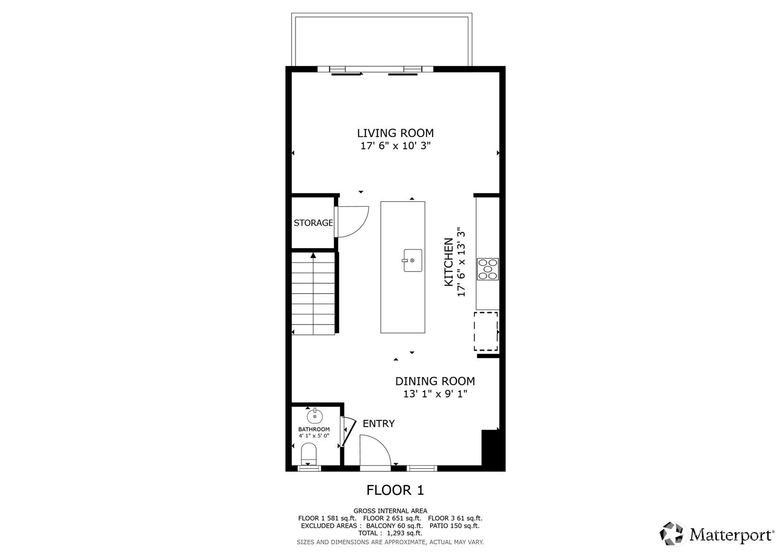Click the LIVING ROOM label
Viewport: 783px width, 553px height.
coord(395,133)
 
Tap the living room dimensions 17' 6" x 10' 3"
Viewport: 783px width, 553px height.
coord(396,146)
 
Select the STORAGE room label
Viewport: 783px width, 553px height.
coord(313,223)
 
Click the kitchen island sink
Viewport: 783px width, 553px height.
coord(412,260)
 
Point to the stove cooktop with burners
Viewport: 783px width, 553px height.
coord(488,269)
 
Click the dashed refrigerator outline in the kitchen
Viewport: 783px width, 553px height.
coord(486,331)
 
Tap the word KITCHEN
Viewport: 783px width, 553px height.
coord(448,262)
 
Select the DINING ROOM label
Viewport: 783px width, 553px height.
coord(435,381)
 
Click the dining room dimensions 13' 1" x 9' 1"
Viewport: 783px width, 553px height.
coord(435,394)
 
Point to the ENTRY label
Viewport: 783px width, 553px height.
coord(378,424)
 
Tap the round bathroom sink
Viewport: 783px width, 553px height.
coord(315,416)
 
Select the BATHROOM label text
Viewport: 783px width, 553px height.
coord(314,429)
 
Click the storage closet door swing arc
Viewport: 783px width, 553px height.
coord(362,229)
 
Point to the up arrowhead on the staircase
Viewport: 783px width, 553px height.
coord(313,256)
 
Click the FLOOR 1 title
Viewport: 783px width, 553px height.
coord(395,490)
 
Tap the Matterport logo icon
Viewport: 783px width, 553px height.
coord(671,534)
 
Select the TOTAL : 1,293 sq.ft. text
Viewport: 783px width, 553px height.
coord(390,533)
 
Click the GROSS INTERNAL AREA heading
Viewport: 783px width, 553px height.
coord(390,511)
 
